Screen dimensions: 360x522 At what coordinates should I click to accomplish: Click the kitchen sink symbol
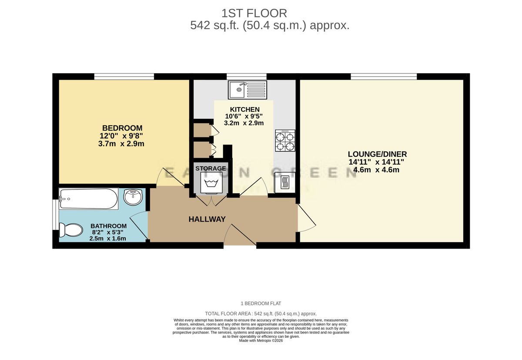pos(247,90)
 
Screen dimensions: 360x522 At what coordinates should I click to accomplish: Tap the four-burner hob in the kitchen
pos(285,141)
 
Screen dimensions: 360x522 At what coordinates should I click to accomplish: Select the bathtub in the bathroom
pos(88,199)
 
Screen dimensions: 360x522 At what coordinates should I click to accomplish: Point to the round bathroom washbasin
pos(133,197)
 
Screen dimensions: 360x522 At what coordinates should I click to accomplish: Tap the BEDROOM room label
pos(122,128)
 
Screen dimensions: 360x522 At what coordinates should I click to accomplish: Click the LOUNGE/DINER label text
pos(377,154)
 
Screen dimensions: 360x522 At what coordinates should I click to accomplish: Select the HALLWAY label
pos(207,219)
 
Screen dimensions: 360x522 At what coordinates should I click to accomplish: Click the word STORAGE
pos(211,168)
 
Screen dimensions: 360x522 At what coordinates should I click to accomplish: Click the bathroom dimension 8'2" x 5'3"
pos(108,232)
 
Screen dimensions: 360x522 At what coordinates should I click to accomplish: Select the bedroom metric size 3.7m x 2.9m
pos(122,144)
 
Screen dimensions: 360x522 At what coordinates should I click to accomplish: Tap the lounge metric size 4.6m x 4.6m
pos(377,170)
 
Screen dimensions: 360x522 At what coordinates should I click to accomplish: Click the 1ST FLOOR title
pos(254,13)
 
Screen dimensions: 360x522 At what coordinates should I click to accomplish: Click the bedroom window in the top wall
pos(124,77)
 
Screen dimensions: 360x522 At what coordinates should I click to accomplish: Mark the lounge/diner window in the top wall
pos(384,77)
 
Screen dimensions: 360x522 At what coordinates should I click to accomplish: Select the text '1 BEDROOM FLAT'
pos(261,303)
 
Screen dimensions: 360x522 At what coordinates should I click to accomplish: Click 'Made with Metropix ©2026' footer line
pos(261,341)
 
